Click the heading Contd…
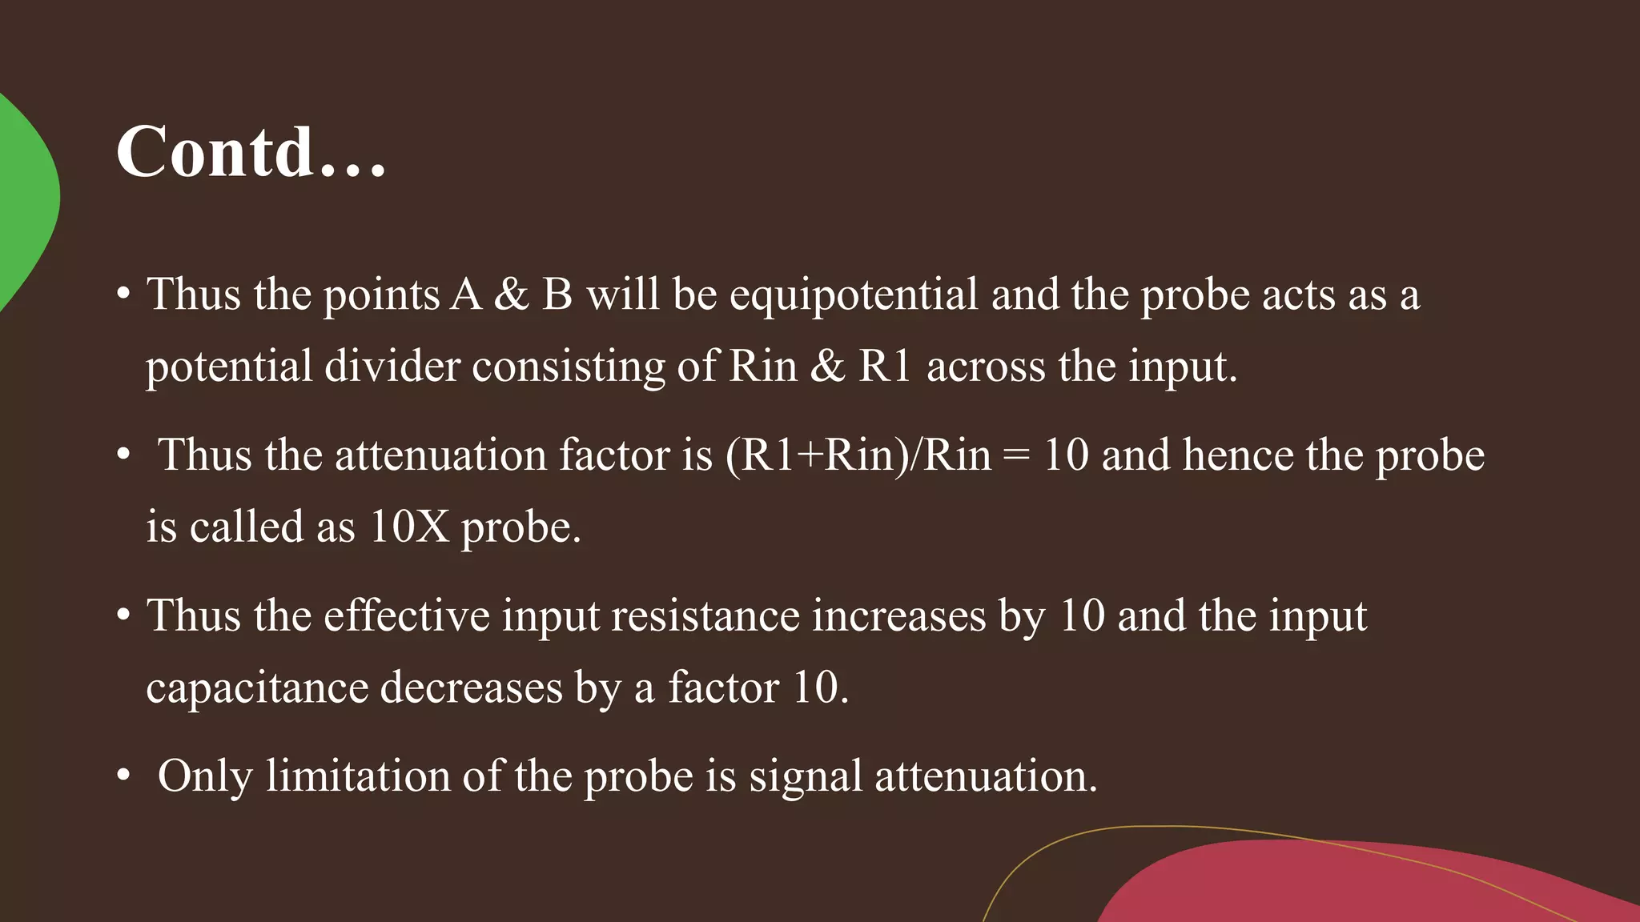tap(251, 151)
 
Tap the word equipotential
tap(854, 295)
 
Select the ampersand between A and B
tap(512, 295)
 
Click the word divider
tap(392, 367)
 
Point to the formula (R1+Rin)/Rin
tap(858, 455)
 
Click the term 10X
tap(409, 527)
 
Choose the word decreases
tap(471, 687)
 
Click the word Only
tap(205, 776)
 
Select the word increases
tap(898, 615)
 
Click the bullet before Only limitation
tap(123, 776)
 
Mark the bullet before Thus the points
tap(123, 295)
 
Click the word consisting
tap(569, 367)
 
